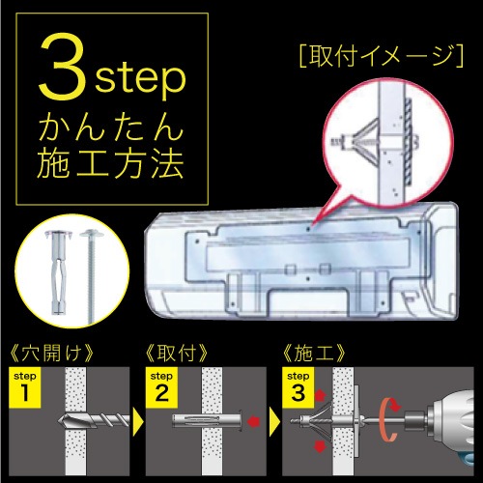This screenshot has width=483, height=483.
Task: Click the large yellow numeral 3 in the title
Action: click(60, 69)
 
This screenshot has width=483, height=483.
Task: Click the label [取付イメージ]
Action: click(382, 54)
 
